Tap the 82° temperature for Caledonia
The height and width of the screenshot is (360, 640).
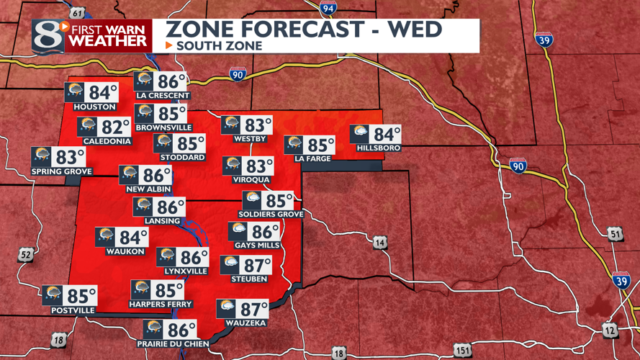[x=115, y=127]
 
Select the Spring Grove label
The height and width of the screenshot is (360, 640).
[x=61, y=171]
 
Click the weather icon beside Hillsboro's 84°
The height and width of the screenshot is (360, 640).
[x=360, y=134]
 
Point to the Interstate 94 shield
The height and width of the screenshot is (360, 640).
[x=329, y=8]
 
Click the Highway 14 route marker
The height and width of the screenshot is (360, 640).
[x=380, y=243]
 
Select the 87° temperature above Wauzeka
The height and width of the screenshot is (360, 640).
[x=254, y=310]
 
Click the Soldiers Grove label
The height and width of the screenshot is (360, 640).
[x=271, y=214]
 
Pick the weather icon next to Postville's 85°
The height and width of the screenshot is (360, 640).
[x=53, y=295]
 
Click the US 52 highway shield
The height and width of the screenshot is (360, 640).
[x=26, y=254]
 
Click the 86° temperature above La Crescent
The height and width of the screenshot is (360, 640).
[x=171, y=81]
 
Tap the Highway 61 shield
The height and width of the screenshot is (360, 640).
[x=78, y=12]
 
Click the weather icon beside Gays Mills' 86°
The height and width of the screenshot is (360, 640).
[x=239, y=231]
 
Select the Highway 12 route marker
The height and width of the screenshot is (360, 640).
[x=610, y=329]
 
